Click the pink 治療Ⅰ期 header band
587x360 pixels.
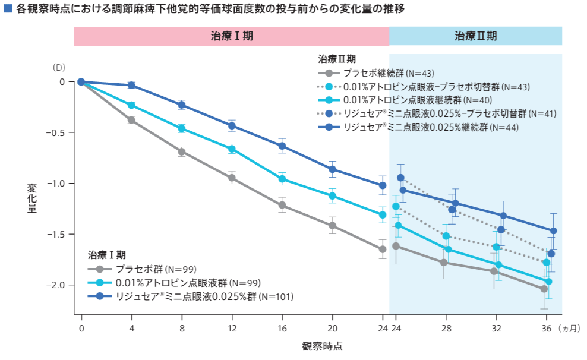pos(232,36)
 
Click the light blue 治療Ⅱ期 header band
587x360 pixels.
pos(475,36)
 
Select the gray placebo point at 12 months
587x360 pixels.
pos(232,178)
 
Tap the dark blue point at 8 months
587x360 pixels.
pos(182,105)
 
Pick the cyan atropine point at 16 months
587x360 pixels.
pos(282,179)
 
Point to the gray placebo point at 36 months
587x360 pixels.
pos(544,289)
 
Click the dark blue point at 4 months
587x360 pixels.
pos(131,86)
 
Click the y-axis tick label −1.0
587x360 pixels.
pos(58,184)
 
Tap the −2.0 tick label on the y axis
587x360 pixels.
pos(58,285)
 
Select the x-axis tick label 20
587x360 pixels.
pos(333,328)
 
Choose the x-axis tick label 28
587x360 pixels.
pos(446,328)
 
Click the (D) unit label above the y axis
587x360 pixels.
pos(59,67)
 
